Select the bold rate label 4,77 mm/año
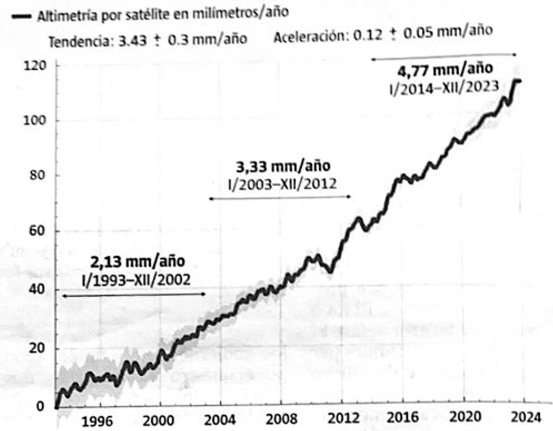click(x=446, y=70)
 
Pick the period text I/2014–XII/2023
click(x=442, y=87)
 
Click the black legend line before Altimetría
click(x=22, y=16)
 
